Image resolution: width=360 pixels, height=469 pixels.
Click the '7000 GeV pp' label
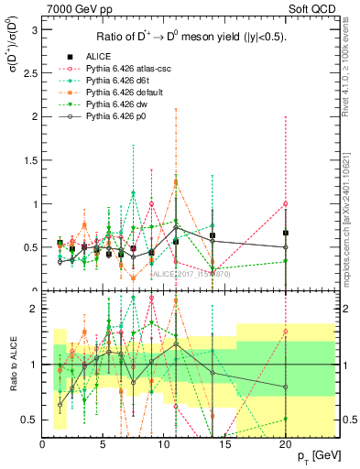coord(77,10)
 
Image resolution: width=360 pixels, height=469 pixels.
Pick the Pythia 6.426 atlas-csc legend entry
coord(127,69)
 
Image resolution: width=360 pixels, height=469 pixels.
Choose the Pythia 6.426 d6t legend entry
coord(119,82)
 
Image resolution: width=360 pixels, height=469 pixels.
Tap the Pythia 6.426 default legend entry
coord(125,93)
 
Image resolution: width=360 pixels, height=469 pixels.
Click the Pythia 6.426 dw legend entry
coord(118,105)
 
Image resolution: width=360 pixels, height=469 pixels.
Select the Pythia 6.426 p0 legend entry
coord(118,117)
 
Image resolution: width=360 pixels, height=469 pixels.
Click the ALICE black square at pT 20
coord(286,233)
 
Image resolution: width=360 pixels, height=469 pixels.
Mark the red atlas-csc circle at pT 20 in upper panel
coord(286,203)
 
